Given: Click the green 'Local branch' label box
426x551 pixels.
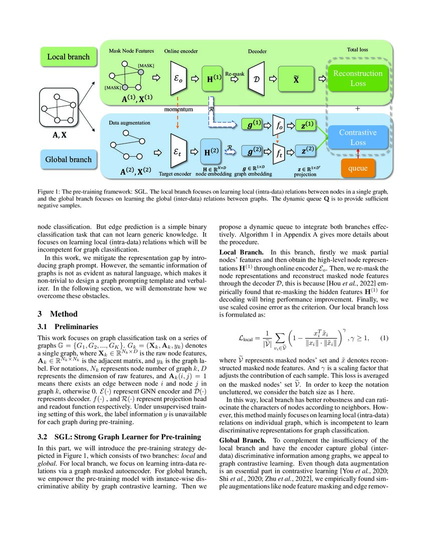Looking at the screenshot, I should (68, 57).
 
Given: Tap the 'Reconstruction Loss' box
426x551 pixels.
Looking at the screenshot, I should (358, 79).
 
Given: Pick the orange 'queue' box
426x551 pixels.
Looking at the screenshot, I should (358, 169).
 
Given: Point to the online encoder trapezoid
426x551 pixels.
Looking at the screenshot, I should (178, 79).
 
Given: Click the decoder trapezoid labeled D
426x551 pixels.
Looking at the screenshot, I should (256, 79).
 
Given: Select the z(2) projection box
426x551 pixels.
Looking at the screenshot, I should (306, 150).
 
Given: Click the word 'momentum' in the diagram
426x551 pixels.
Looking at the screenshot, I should (178, 109).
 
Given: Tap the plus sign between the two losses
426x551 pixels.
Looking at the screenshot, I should (357, 108).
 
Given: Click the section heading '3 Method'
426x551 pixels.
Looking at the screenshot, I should (58, 314).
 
